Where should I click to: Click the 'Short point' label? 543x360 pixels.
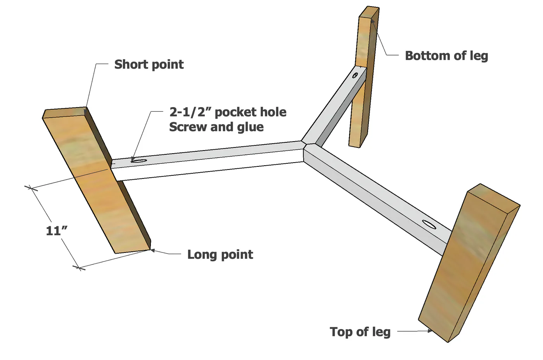click(149, 64)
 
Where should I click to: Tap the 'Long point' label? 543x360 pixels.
click(220, 254)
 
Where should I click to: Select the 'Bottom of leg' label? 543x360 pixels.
click(446, 56)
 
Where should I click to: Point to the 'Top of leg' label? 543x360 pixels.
click(360, 332)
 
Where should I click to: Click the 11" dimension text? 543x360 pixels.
click(57, 230)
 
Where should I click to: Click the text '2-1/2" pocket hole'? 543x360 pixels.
click(228, 112)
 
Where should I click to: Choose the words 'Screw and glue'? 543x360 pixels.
click(216, 127)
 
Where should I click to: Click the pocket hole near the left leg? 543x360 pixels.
click(139, 161)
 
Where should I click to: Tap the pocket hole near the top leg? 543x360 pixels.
click(355, 75)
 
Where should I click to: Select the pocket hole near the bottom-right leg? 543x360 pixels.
click(429, 224)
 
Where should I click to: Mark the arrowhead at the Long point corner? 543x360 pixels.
click(152, 250)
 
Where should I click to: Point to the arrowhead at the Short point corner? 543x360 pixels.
click(85, 112)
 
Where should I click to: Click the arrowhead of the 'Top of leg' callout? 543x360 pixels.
click(430, 331)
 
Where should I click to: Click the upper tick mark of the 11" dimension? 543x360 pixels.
click(31, 188)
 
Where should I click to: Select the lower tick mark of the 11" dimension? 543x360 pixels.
click(79, 268)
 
